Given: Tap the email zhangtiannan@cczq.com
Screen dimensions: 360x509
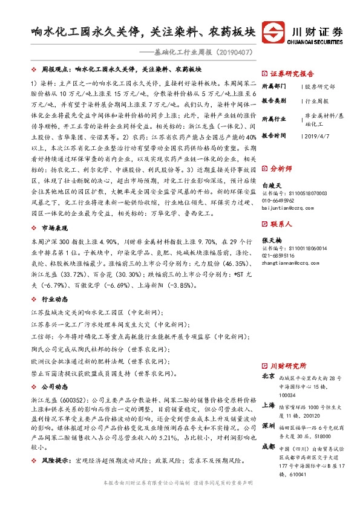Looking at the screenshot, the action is coord(288,263).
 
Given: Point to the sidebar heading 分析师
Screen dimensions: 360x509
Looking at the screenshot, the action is coord(281,167).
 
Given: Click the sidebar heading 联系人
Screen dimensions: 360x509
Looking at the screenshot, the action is coord(281,224).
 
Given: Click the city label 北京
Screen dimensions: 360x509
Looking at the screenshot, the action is coord(269,376).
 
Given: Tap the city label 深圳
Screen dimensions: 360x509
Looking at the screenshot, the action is coord(269,426).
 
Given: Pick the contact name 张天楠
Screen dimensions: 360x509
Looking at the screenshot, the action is coord(272,241).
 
